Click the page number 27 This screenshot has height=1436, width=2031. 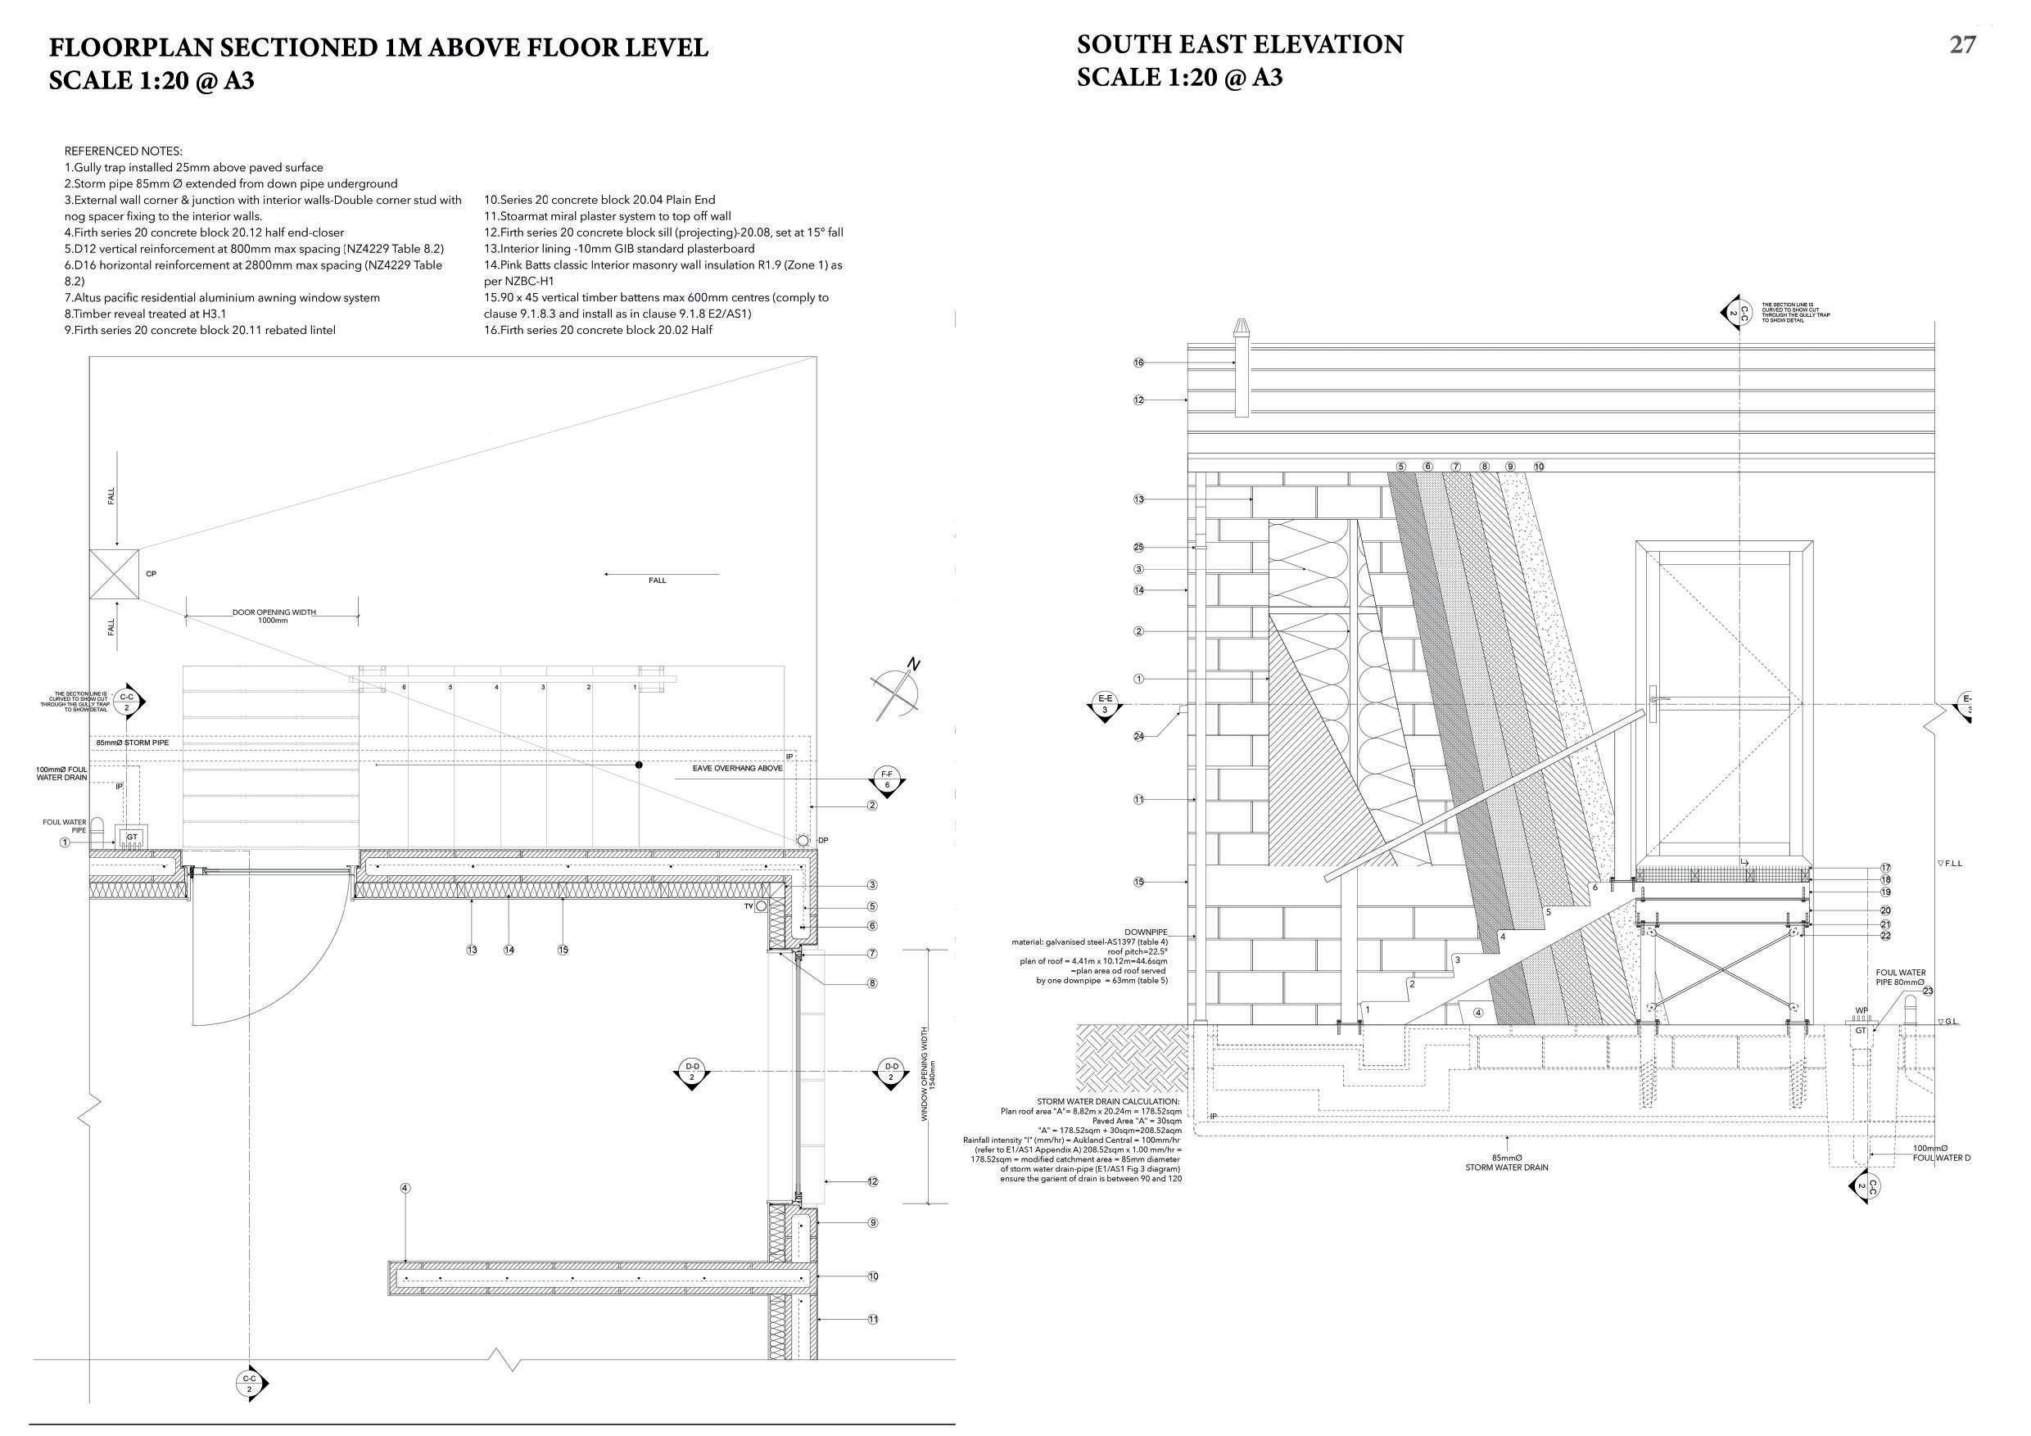1962,45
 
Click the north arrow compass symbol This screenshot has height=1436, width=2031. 896,692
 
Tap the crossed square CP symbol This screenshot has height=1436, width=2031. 114,574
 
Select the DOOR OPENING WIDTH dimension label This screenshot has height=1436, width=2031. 274,612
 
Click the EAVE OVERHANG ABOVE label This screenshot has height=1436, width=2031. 738,769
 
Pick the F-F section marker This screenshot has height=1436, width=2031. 887,779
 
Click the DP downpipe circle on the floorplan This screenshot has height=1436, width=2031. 803,839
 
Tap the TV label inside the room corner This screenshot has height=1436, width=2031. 749,905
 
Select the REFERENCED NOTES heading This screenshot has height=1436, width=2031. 123,151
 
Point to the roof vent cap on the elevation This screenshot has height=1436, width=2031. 1242,328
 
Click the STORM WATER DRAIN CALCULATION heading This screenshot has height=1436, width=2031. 1108,1102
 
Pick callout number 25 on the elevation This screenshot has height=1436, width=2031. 1138,548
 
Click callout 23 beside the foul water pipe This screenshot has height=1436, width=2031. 1929,991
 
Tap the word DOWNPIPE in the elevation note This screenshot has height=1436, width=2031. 1146,932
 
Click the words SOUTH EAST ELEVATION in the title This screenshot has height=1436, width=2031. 1239,45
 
